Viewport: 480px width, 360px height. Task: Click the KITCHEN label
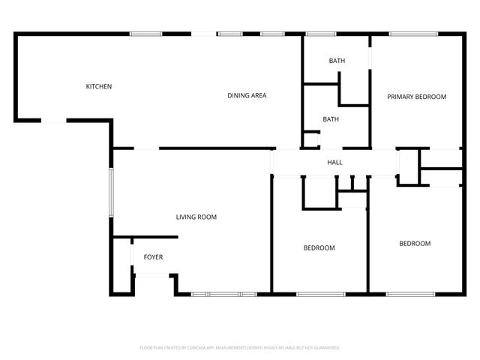coord(99,87)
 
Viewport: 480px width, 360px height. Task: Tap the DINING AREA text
coord(247,95)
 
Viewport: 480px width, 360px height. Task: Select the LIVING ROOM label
coord(196,217)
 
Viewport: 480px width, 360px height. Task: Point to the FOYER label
coord(153,257)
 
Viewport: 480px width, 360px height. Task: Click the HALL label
coord(334,162)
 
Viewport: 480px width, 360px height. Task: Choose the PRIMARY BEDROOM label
coord(416,97)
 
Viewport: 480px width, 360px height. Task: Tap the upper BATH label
coord(337,61)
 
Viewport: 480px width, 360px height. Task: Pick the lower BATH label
coord(331,119)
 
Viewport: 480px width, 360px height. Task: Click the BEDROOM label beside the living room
coord(319,247)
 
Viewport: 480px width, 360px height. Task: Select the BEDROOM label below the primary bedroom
coord(415,243)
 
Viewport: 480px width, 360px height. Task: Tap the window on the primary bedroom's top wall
coord(414,34)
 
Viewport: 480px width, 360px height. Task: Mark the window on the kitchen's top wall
coord(146,34)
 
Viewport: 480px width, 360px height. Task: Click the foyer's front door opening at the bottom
coord(152,276)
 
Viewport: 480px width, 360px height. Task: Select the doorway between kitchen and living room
coord(146,148)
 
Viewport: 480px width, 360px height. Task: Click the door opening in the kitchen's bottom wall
coord(53,120)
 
